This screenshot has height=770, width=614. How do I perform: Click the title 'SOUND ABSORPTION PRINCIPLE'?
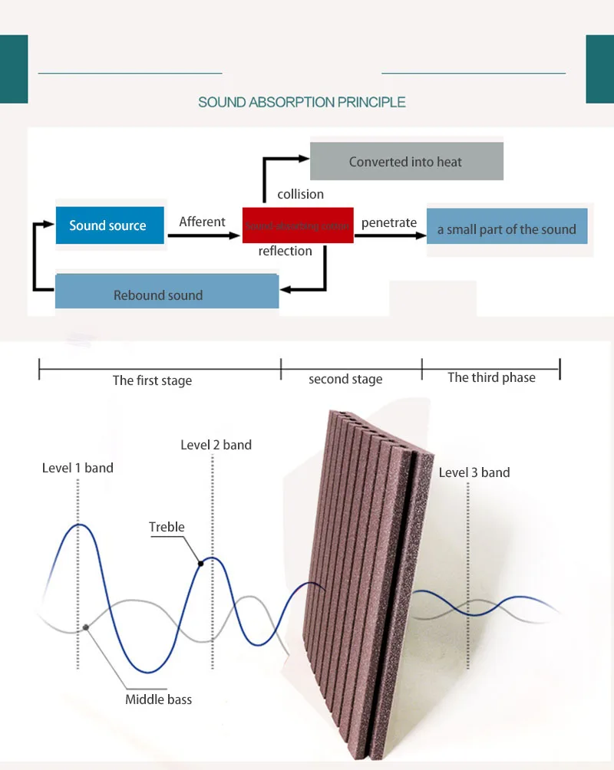(302, 102)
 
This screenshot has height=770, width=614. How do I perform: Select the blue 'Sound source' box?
(110, 225)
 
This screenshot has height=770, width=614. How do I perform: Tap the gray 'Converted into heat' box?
(406, 161)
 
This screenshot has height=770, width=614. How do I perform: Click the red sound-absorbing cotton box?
(298, 225)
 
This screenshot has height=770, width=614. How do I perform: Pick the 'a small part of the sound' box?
(507, 229)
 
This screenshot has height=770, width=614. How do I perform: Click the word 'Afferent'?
(202, 222)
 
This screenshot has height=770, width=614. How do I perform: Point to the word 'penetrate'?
(389, 222)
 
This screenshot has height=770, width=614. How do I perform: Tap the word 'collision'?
(301, 194)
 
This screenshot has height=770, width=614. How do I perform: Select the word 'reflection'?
(286, 251)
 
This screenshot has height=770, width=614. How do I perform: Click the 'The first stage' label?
(152, 380)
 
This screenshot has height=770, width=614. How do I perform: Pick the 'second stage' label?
(345, 379)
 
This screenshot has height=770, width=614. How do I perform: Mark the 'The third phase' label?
(491, 377)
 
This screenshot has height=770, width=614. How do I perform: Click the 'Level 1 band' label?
(78, 468)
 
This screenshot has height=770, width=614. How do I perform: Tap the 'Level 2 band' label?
(216, 445)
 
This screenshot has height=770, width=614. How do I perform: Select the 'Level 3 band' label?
(474, 472)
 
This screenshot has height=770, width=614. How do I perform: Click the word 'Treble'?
(167, 527)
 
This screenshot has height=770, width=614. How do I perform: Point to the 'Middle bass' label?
(158, 699)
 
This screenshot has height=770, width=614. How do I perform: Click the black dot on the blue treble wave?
(201, 564)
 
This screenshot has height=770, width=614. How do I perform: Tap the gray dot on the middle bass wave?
(86, 627)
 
